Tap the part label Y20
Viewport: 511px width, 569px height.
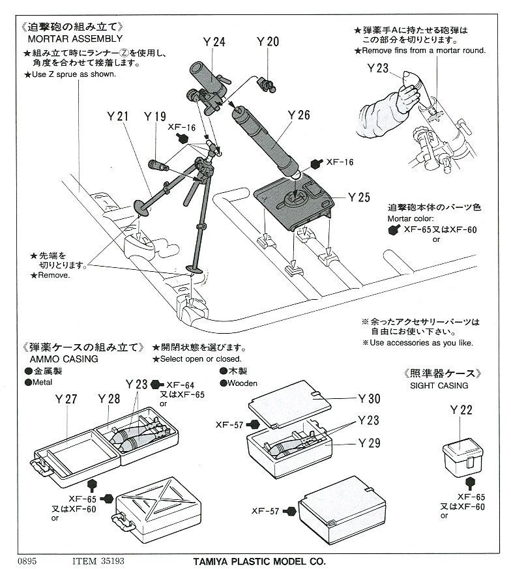(x=267, y=42)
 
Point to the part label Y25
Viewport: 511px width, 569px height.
(x=359, y=197)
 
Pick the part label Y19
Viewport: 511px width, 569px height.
(x=155, y=117)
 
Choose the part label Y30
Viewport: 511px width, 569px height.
(x=370, y=399)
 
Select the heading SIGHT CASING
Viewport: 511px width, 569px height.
(x=439, y=385)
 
